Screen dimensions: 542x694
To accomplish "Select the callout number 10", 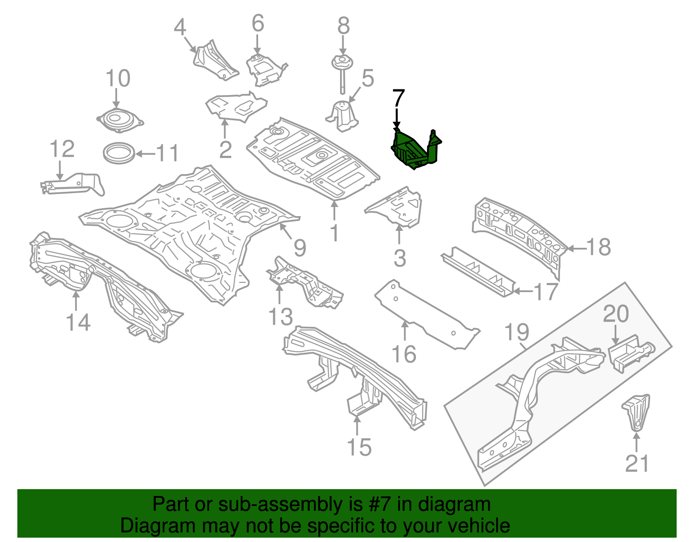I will tap(118, 79).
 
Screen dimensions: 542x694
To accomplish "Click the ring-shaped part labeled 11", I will tap(118, 153).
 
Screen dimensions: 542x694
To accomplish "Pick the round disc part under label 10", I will tap(119, 119).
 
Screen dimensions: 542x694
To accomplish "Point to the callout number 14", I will tap(78, 323).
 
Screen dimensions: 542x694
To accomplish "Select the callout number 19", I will tap(517, 332).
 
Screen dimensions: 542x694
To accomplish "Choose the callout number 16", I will tap(404, 354).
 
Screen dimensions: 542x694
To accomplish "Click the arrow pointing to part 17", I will tap(523, 291).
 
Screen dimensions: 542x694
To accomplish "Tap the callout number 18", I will tap(599, 247).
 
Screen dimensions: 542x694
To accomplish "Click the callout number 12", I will tap(62, 149).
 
